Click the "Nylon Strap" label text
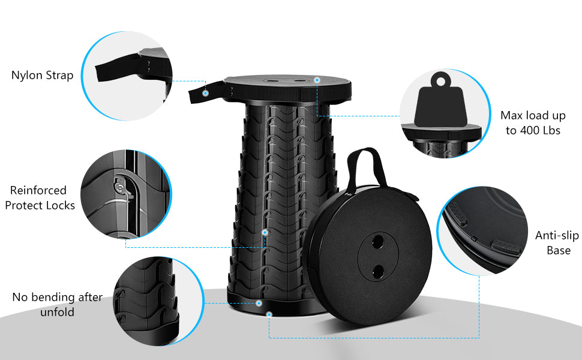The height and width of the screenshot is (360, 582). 42,76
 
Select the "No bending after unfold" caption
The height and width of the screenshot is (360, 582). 57,305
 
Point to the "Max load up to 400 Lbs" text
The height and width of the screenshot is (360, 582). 533,122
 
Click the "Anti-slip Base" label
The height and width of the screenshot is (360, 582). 557,243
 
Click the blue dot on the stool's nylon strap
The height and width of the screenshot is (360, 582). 205,93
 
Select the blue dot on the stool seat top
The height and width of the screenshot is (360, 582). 317,79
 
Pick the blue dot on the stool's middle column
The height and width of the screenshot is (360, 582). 265,232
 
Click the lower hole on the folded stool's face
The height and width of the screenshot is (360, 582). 379,271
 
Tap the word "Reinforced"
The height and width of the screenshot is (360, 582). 38,191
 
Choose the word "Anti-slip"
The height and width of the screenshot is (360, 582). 557,235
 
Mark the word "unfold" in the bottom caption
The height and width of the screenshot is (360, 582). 58,313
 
